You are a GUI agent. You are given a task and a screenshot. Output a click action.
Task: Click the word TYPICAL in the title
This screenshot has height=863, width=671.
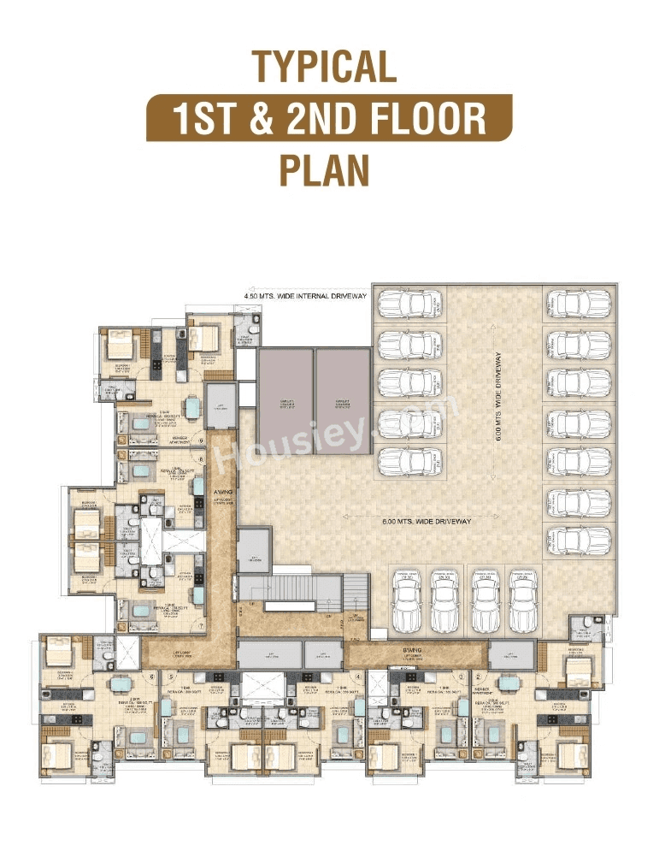pos(324,67)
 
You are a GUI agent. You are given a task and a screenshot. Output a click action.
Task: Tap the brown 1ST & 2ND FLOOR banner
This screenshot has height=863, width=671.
pos(329,117)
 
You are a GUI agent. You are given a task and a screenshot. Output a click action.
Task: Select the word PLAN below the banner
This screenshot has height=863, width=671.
pos(324,168)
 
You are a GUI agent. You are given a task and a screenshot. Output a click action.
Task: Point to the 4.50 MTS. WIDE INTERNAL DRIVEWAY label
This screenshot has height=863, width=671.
pos(305,296)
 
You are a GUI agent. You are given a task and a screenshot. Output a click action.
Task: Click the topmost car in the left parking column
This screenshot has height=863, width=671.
pos(410,304)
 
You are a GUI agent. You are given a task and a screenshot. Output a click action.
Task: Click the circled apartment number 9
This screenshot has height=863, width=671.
pos(201,442)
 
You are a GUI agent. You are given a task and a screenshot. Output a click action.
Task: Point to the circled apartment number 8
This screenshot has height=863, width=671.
pos(201,459)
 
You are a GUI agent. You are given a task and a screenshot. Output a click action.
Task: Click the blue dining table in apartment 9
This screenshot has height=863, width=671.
pos(195,409)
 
